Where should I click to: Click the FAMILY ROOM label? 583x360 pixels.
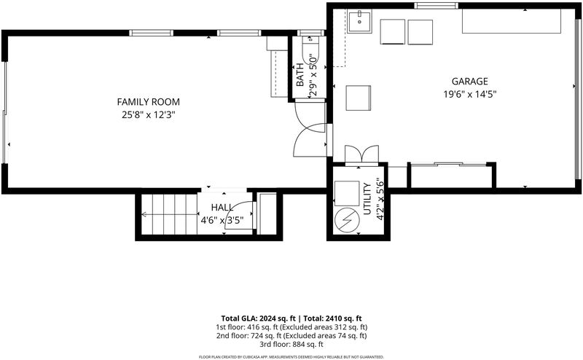tap(149, 101)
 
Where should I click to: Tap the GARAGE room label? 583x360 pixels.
tap(469, 81)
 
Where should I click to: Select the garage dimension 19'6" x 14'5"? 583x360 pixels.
tap(469, 94)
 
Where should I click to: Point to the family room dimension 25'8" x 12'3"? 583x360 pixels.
tap(149, 115)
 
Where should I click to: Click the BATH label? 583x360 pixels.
tap(300, 75)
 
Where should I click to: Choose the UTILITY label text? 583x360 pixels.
tap(367, 199)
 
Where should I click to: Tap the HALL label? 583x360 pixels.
tap(222, 207)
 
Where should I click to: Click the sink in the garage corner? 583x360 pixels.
tap(359, 21)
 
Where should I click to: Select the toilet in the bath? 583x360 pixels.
tap(309, 51)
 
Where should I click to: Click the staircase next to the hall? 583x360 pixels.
tap(170, 214)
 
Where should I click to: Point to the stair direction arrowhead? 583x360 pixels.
tap(144, 214)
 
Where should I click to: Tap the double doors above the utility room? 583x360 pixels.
tap(361, 154)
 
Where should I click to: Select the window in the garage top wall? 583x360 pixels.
tap(436, 6)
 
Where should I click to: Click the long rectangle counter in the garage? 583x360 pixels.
tap(512, 21)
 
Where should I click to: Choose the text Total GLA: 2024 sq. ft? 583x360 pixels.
tap(259, 318)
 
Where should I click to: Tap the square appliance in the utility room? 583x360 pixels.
tap(347, 193)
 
